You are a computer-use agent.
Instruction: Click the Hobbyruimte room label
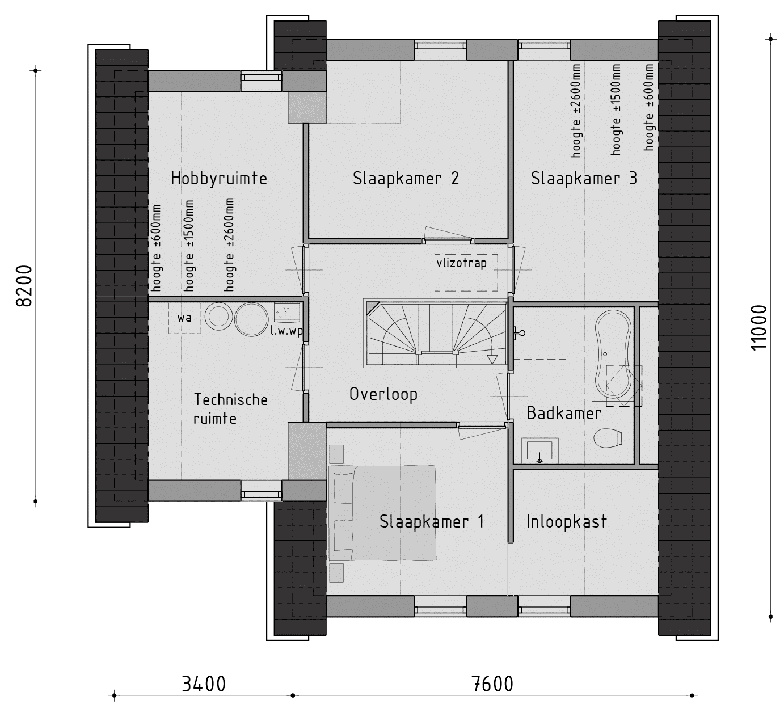tap(219, 179)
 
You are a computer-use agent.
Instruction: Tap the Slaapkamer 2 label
tap(406, 178)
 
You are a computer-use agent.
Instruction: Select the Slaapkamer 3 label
tap(584, 178)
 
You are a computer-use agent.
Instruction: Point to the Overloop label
tap(383, 394)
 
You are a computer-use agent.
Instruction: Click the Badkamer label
tap(564, 413)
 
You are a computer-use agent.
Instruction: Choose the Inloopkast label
tap(566, 521)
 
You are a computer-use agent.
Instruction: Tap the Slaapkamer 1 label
tap(432, 521)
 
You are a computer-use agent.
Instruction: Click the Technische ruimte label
tap(230, 409)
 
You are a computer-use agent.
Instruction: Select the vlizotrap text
tap(462, 263)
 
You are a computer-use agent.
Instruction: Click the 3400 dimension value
tap(204, 684)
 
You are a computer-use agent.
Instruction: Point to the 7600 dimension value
tap(492, 684)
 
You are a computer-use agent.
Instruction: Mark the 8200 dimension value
tap(24, 286)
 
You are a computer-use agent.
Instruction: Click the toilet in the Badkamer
tap(608, 437)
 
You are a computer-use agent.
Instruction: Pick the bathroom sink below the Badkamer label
tap(539, 451)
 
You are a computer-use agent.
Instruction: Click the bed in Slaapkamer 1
tap(382, 513)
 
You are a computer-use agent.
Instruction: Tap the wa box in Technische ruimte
tap(184, 318)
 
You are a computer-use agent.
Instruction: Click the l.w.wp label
tap(286, 331)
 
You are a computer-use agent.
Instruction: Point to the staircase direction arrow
tap(492, 360)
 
